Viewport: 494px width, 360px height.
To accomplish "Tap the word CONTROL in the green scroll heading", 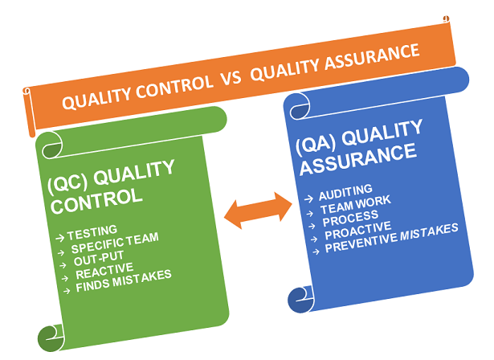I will pos(97,198).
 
